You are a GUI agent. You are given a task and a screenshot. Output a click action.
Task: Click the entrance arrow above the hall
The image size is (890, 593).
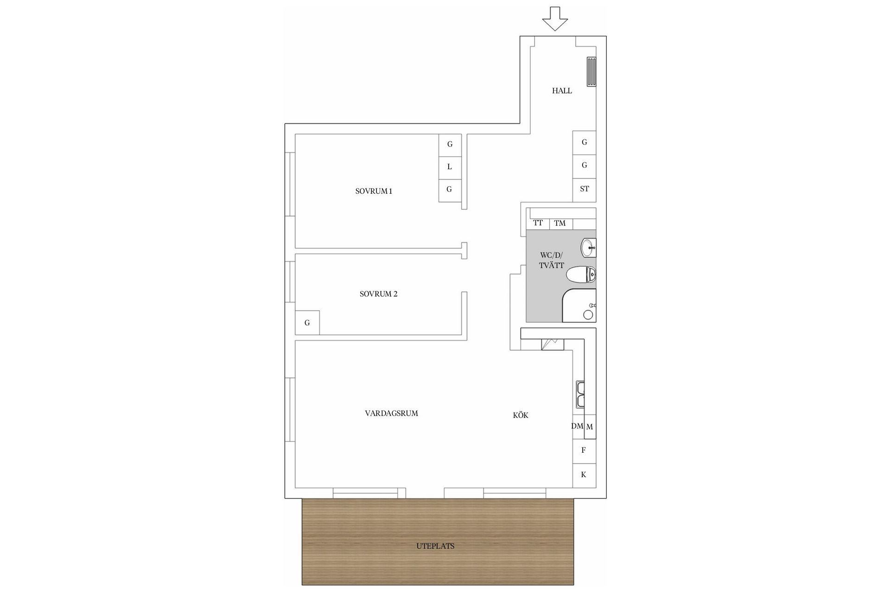[x=555, y=19]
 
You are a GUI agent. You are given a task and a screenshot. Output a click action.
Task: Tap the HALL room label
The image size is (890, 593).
[x=562, y=91]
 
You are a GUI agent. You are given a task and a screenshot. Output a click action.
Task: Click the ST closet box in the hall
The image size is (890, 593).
[x=584, y=189]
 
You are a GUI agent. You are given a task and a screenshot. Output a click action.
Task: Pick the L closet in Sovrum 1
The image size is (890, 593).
[x=450, y=167]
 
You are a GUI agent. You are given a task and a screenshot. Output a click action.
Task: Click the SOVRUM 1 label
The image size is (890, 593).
[x=374, y=191]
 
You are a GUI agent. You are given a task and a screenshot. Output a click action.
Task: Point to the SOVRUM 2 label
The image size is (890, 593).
[x=378, y=294]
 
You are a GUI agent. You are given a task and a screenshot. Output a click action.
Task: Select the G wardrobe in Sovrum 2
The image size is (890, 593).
[x=307, y=322]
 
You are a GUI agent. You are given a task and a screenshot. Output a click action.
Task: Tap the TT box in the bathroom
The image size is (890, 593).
[x=538, y=223]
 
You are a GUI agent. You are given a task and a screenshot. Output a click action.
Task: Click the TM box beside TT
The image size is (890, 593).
[x=560, y=223]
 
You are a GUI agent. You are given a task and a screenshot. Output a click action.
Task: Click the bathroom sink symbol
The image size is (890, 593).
[x=589, y=247]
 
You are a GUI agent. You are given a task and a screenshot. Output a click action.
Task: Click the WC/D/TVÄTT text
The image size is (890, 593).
[x=551, y=260]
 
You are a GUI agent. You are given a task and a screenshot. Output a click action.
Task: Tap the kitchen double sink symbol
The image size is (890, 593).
[x=580, y=394]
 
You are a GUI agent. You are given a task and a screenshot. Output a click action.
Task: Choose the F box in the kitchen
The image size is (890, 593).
[x=584, y=450]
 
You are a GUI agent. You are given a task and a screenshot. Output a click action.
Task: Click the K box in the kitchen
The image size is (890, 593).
[x=584, y=474]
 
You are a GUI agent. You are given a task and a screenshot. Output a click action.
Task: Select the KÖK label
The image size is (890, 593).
[x=521, y=416]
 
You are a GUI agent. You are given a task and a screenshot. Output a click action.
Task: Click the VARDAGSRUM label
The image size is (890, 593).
[x=391, y=413]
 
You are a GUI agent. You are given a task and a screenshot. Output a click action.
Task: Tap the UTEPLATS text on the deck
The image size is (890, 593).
[x=435, y=546]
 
